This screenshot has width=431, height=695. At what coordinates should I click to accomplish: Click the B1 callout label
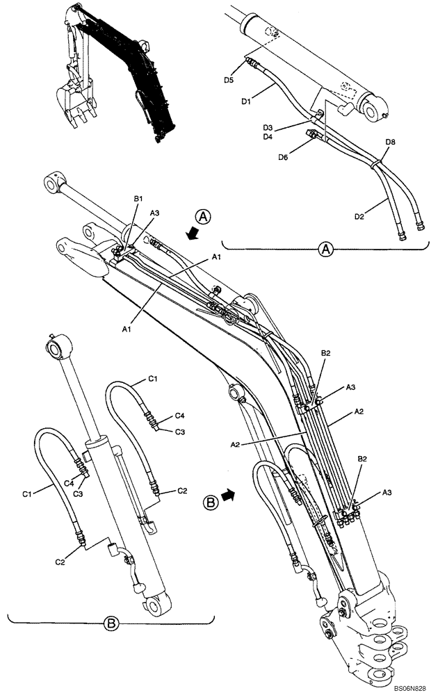click(138, 200)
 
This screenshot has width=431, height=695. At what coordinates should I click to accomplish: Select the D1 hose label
click(246, 101)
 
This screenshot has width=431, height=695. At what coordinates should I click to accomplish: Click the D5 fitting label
click(229, 80)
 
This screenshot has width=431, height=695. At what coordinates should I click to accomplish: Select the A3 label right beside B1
click(155, 214)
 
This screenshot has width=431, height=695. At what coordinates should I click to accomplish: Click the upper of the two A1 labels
click(216, 257)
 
